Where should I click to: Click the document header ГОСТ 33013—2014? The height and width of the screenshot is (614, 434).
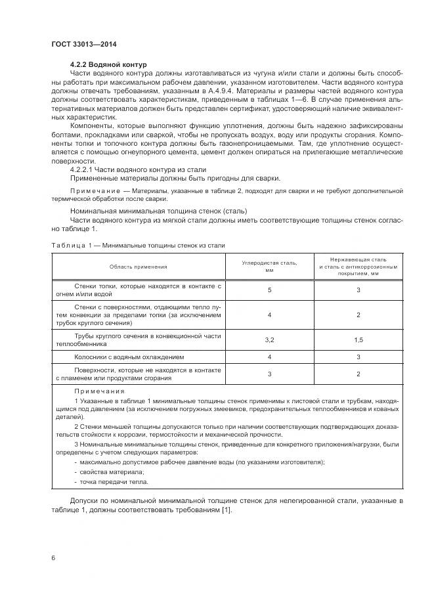coord(79,44)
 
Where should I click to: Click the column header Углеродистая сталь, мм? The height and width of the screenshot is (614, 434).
coord(269,266)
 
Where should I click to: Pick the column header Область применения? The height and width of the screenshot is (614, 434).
coord(139,266)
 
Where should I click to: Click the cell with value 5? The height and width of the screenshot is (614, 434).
coord(269,290)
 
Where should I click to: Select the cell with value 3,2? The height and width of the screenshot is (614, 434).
coord(269,340)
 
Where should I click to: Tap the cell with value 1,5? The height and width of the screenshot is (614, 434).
coord(358,340)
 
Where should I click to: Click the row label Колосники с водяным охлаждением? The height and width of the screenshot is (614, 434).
coord(129,357)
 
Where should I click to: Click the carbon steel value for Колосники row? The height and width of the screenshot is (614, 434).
coord(269,357)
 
